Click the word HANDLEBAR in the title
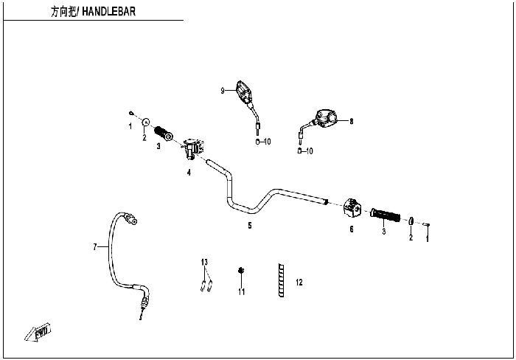[x=108, y=12]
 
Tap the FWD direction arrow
[x=38, y=332]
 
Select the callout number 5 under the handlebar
[x=250, y=226]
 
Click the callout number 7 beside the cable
[x=95, y=246]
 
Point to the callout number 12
[x=299, y=283]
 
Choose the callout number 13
[x=204, y=262]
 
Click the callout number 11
[x=242, y=292]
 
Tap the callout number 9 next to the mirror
[x=223, y=91]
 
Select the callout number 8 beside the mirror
[x=352, y=121]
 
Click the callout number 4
[x=189, y=173]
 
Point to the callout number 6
[x=352, y=229]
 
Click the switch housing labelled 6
[x=352, y=208]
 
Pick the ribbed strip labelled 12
[x=282, y=280]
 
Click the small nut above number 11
[x=241, y=271]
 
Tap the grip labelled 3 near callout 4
[x=164, y=133]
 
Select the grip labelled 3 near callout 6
[x=385, y=215]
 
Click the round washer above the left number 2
[x=145, y=122]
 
